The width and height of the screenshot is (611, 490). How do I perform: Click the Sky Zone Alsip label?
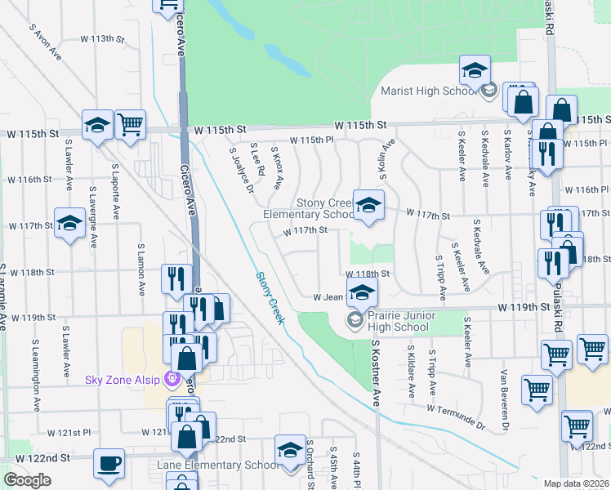123,380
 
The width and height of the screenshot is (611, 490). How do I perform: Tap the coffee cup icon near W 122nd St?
109,464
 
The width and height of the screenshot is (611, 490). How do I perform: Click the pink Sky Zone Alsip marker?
172,379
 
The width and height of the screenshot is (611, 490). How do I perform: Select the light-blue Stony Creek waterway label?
269,298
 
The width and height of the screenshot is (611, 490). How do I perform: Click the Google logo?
27,480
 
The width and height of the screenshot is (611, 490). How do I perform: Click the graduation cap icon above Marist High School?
474,72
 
